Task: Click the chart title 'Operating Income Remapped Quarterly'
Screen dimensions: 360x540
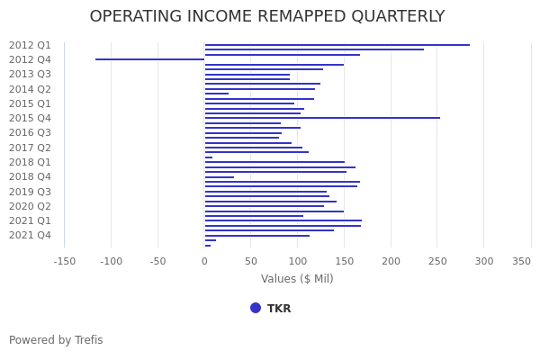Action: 267,17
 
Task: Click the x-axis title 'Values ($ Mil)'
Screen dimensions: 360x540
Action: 297,279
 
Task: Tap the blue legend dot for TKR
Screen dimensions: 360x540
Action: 256,308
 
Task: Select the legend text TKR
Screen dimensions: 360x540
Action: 279,309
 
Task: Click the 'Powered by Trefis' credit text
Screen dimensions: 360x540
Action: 56,340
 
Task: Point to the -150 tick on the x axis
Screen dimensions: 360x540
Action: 65,262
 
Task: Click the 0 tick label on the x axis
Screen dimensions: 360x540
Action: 204,262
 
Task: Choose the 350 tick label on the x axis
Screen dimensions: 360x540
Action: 522,262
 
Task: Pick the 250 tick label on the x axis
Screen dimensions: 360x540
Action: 437,262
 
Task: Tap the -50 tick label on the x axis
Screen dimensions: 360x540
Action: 157,262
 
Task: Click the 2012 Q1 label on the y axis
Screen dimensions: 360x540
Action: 30,45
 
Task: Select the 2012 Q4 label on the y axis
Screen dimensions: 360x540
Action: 30,59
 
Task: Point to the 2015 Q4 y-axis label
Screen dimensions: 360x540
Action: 30,118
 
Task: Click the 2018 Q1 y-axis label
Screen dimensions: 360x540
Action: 30,162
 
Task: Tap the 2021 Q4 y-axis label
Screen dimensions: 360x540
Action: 30,235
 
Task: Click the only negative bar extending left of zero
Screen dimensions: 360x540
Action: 149,59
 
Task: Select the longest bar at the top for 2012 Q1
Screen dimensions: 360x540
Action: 337,45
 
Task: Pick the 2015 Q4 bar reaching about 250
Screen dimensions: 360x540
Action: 322,118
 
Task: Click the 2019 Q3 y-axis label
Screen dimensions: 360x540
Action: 30,192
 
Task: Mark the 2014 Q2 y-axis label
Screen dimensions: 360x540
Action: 30,89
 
